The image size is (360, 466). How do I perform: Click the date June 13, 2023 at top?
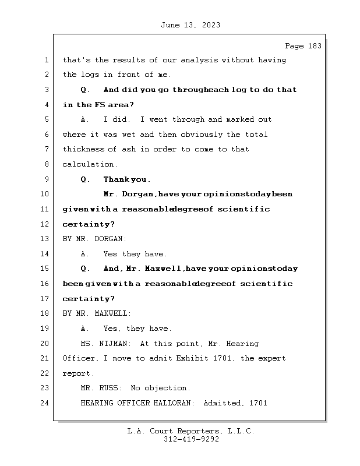click(x=189, y=25)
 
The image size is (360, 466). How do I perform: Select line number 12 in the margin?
click(x=46, y=224)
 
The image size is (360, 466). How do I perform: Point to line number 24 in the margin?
click(x=46, y=403)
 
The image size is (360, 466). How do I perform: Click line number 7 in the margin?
click(x=46, y=149)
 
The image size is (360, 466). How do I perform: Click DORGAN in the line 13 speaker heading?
click(x=108, y=239)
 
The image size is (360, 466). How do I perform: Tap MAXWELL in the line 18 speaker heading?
click(x=110, y=313)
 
